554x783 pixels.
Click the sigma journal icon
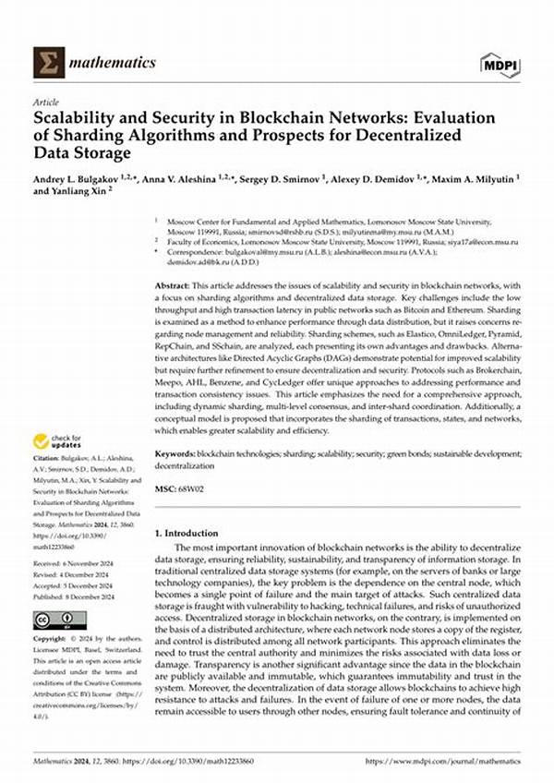click(47, 63)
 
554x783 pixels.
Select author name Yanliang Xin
click(73, 191)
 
